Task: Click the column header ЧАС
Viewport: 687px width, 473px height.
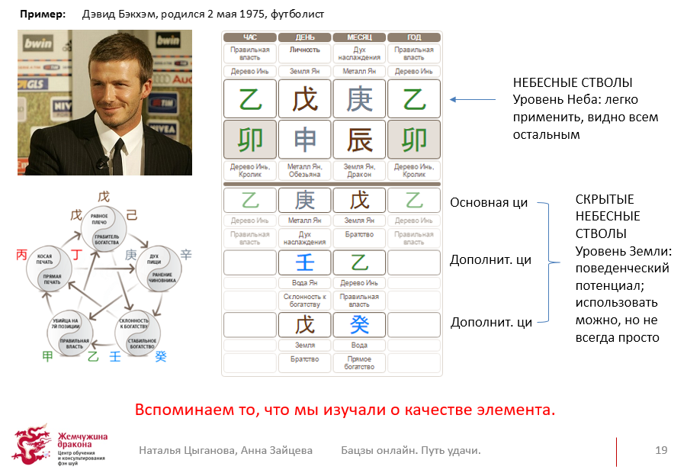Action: tap(249, 37)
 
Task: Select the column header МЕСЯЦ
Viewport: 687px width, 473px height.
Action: tap(359, 37)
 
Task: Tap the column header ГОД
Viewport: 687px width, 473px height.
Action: tap(414, 37)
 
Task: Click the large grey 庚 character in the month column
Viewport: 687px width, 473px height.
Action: tap(359, 99)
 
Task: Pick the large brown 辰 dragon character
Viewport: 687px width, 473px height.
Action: tap(359, 140)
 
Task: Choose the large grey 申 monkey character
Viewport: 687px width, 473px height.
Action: tap(304, 140)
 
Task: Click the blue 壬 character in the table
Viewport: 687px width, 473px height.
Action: tap(304, 262)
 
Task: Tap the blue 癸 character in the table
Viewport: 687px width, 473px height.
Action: tap(359, 324)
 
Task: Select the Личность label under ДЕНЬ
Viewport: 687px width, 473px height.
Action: tap(304, 50)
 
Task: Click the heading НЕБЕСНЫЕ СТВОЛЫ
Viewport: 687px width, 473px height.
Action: tap(573, 82)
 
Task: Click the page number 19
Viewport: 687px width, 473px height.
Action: tap(660, 450)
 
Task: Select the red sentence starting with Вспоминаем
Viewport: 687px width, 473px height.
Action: tap(345, 410)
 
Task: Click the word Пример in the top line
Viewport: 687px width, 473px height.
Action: tap(39, 14)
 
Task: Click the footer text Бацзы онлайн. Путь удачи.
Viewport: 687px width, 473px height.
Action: tap(410, 450)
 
